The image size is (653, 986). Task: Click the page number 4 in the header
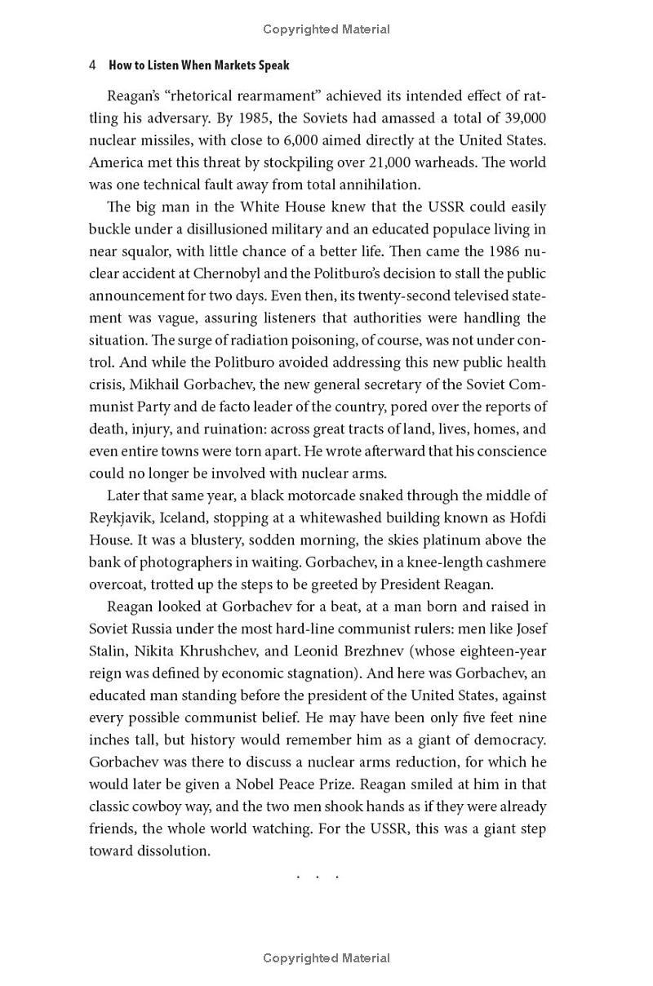click(93, 65)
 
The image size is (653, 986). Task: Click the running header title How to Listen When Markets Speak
click(199, 65)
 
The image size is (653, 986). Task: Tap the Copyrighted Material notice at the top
click(326, 29)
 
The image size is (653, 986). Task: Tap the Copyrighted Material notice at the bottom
click(326, 958)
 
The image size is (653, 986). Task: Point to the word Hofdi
click(527, 517)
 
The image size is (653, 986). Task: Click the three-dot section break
click(318, 877)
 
